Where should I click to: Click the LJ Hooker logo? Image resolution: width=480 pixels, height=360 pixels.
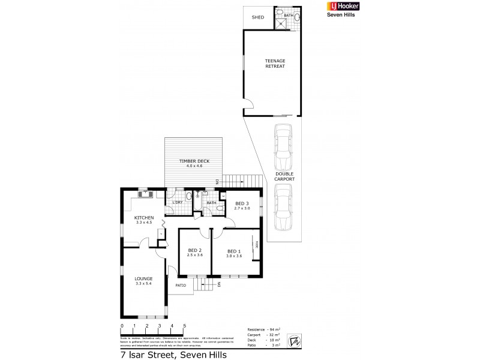(x=330, y=8)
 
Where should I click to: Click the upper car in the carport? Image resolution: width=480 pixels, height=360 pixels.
(x=283, y=147)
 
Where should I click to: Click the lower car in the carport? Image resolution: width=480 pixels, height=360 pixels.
(x=283, y=207)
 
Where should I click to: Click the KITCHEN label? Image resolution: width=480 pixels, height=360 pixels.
(x=144, y=218)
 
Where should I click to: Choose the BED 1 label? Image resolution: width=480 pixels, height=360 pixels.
(x=233, y=252)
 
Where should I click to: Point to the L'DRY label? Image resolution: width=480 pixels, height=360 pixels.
(x=177, y=202)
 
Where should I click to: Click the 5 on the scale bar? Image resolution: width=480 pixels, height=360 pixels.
(x=184, y=326)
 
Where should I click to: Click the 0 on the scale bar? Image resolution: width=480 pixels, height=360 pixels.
(x=122, y=326)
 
